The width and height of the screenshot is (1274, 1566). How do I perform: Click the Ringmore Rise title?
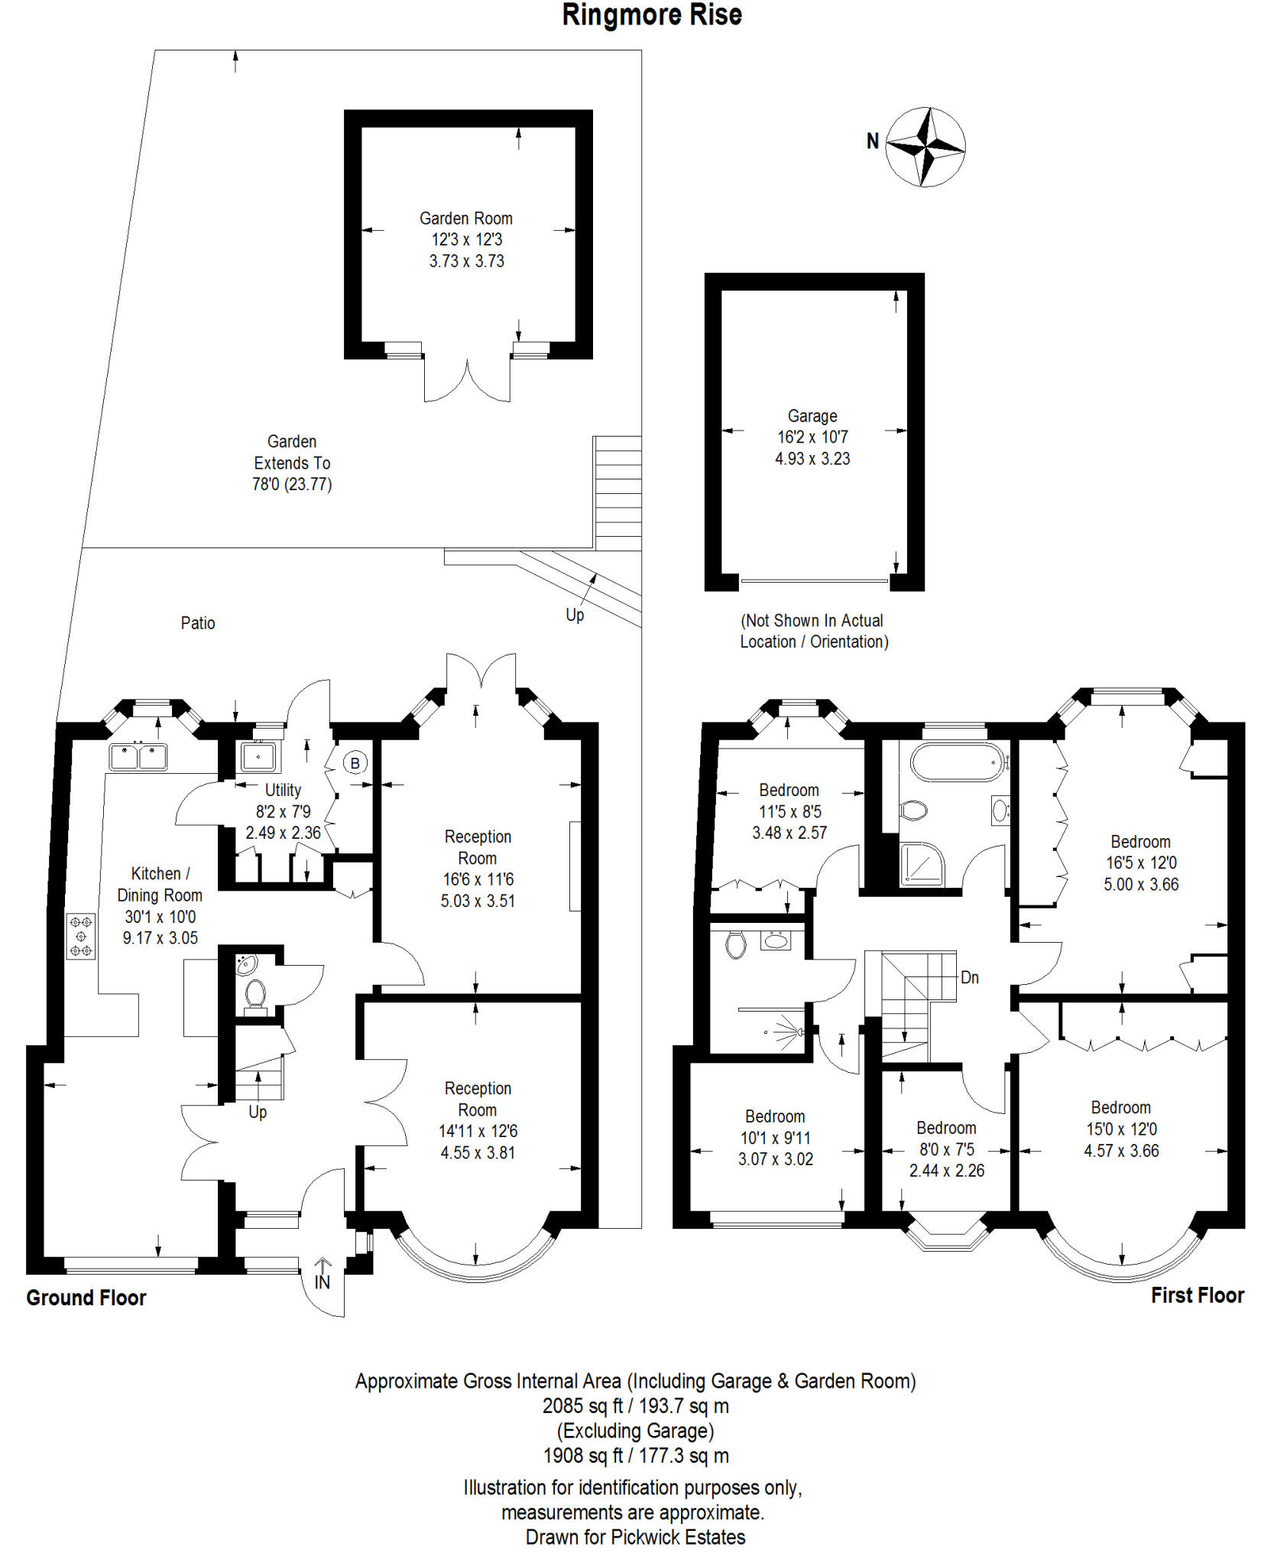point(652,15)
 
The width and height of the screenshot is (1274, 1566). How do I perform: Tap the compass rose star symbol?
point(926,147)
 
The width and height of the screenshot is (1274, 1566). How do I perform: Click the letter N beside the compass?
point(873,141)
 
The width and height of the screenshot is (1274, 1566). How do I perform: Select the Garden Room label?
point(465,219)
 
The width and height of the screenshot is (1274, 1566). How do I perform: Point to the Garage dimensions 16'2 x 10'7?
point(812,437)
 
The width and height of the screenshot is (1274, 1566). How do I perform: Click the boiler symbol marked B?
point(355,763)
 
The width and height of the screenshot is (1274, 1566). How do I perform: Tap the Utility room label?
point(283,790)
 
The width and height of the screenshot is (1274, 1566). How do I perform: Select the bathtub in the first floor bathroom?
point(957,762)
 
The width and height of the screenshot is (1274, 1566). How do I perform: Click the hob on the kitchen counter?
point(81,936)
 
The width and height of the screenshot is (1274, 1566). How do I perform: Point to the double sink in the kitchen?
point(138,757)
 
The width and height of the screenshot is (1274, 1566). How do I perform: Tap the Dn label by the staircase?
point(970,977)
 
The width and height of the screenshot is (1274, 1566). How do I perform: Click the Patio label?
point(197,623)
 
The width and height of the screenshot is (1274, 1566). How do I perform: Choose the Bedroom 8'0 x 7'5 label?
point(946,1128)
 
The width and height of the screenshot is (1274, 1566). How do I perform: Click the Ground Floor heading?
point(86,1298)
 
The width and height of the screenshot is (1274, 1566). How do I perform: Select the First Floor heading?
point(1197,1295)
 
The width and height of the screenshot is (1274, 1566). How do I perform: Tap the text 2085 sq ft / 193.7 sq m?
point(635,1405)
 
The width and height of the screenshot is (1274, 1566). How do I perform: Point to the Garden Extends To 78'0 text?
point(292,463)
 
